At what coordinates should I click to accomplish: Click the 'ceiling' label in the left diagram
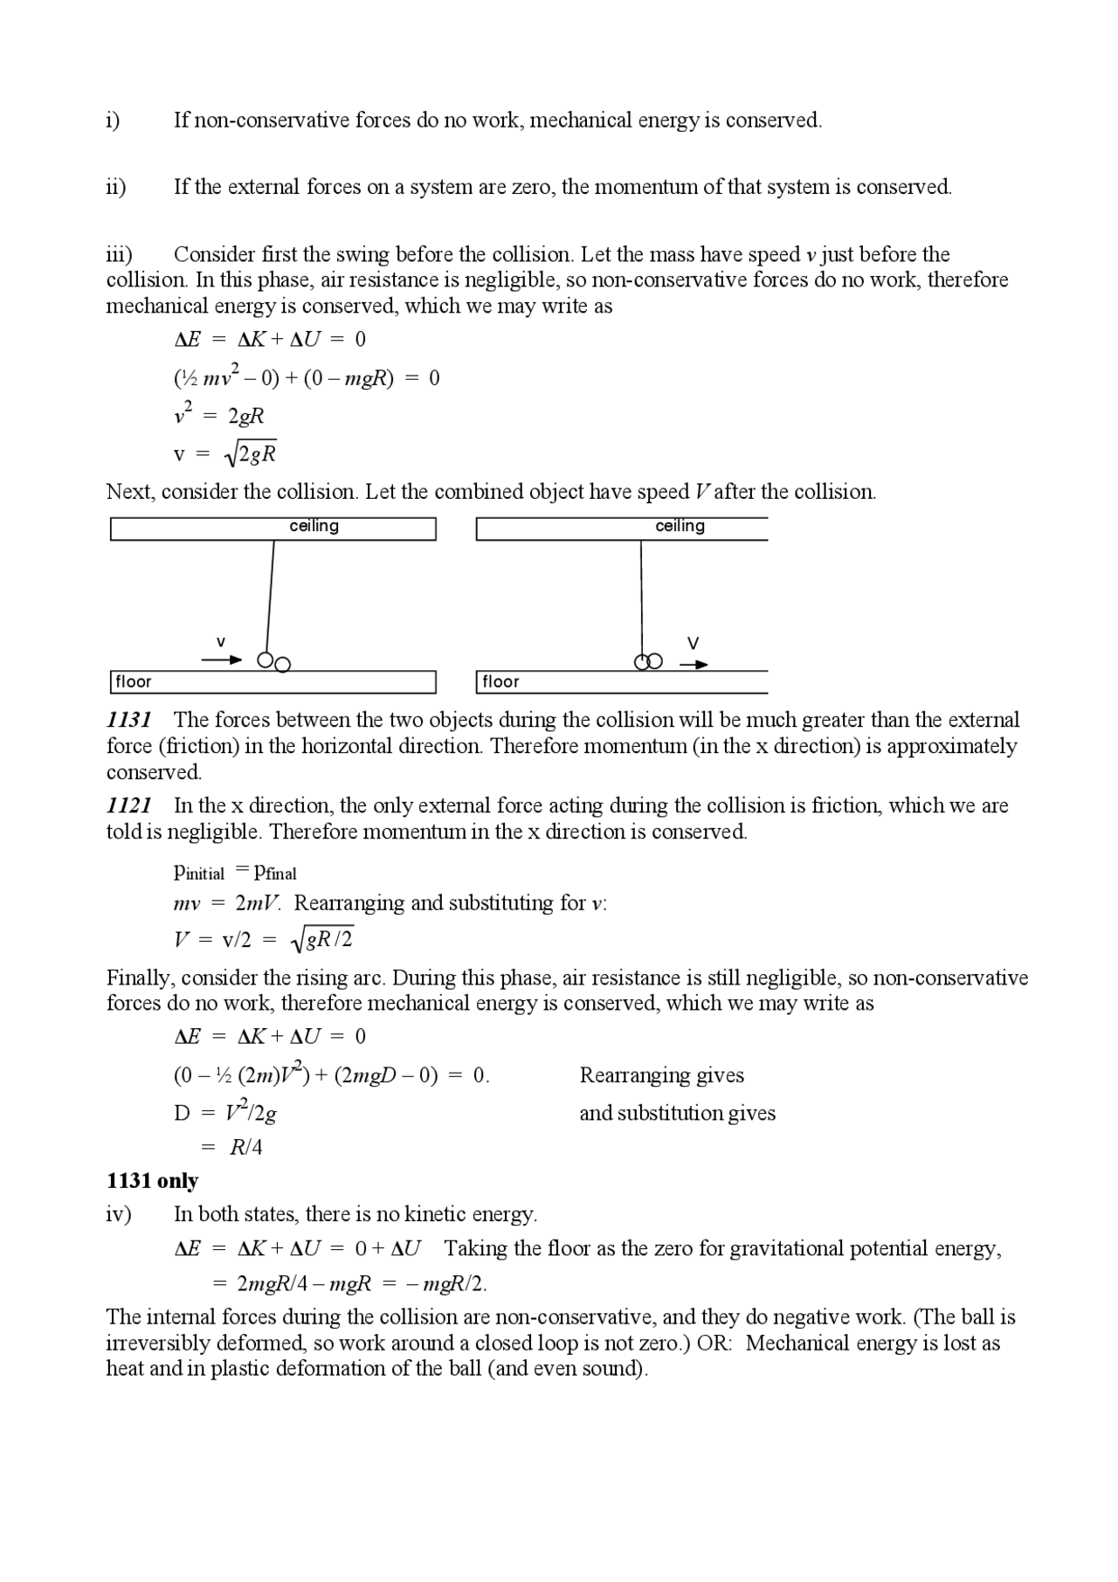pos(314,526)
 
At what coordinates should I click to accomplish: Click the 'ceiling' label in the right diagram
pos(680,526)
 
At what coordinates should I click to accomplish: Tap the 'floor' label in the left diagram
pos(134,681)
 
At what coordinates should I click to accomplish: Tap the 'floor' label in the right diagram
pos(500,681)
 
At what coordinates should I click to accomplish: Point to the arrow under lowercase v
pos(221,660)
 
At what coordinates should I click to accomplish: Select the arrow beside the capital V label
pos(694,665)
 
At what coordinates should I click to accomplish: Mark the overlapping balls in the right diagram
pos(648,662)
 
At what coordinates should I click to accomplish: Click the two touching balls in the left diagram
pos(273,662)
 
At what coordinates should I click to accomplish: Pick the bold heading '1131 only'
pos(152,1181)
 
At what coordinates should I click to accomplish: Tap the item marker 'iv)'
pos(118,1214)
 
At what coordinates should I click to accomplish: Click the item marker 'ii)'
pos(116,187)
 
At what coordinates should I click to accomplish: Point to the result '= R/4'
pos(238,1148)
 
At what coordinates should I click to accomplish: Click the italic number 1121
pos(128,805)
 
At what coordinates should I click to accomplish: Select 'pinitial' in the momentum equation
pos(199,872)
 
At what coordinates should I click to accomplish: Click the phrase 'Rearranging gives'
pos(661,1075)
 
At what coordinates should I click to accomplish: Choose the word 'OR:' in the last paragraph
pos(714,1344)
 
